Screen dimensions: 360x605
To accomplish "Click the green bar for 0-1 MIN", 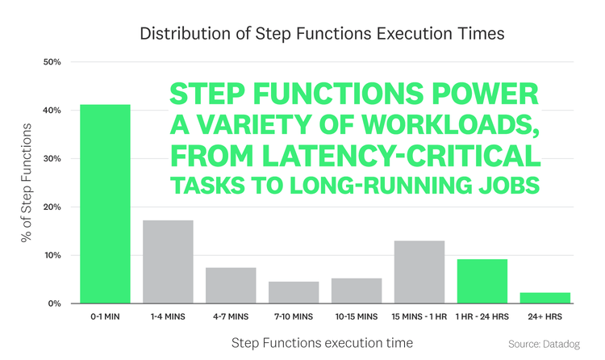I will coord(105,204).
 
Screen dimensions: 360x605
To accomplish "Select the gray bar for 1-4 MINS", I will coord(168,262).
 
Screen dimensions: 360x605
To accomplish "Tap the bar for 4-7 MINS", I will coord(231,286).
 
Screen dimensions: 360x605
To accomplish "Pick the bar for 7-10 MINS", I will coord(294,293).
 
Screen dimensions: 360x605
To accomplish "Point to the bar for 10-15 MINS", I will coord(357,291).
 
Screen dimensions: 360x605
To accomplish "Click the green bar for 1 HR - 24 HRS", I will coord(482,282).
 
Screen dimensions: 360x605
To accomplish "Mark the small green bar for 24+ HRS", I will coord(545,298).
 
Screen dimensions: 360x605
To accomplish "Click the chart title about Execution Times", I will coord(322,34).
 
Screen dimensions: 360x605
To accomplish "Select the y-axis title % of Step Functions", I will coord(27,183).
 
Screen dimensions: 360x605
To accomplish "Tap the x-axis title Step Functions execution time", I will coord(322,343).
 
